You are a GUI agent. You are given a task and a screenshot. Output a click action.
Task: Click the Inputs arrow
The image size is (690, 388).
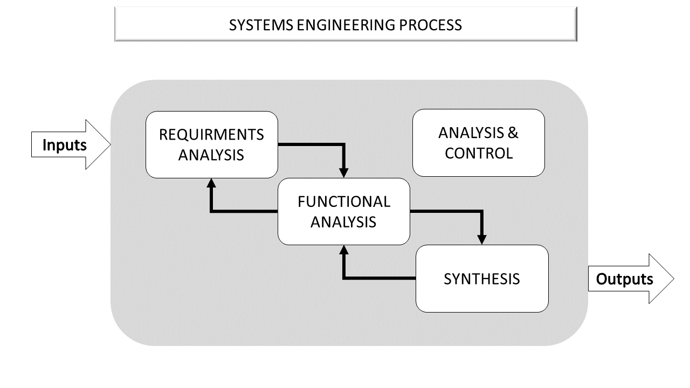click(x=71, y=144)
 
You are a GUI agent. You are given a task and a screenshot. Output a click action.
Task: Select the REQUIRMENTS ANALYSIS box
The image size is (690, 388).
click(x=212, y=144)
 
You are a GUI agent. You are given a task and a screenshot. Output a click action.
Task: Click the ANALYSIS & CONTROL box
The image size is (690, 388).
click(x=479, y=143)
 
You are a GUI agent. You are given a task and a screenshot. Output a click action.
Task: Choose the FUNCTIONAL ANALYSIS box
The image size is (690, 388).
click(x=344, y=211)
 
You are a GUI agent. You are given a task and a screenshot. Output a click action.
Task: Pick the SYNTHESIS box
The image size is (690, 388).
click(x=482, y=279)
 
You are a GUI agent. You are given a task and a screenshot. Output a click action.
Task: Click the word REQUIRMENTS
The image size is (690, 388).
click(x=212, y=134)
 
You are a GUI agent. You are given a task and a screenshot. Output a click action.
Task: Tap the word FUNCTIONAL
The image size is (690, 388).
click(x=344, y=202)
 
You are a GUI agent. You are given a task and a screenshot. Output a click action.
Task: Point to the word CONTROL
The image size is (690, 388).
click(x=479, y=153)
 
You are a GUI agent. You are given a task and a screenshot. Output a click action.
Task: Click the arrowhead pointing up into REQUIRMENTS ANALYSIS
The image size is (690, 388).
click(x=211, y=183)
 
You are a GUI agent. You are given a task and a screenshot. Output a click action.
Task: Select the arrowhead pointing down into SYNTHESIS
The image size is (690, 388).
click(x=482, y=239)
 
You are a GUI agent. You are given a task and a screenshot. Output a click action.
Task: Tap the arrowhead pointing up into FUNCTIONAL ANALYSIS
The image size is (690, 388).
click(x=344, y=250)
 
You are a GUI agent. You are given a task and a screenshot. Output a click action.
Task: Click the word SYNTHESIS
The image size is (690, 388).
click(x=482, y=279)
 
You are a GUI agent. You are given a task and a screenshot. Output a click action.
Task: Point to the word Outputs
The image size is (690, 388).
click(x=624, y=280)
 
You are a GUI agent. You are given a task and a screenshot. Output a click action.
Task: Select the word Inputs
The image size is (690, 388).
click(x=65, y=145)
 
